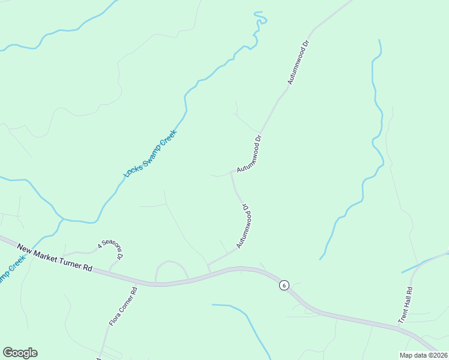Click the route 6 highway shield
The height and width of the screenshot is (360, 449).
pos(283,285)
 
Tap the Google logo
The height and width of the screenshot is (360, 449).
pos(20,353)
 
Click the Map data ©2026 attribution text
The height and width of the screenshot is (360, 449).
pos(423,355)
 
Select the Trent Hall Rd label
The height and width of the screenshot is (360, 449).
pos(406,305)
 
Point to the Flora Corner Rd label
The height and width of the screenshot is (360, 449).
pos(123,307)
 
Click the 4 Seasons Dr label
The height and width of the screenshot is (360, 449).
pos(111,250)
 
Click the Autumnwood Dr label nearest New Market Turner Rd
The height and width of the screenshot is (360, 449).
pos(244,226)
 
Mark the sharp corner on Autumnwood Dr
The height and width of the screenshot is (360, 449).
pos(232,172)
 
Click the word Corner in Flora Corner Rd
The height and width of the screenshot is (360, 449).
pos(123,305)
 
